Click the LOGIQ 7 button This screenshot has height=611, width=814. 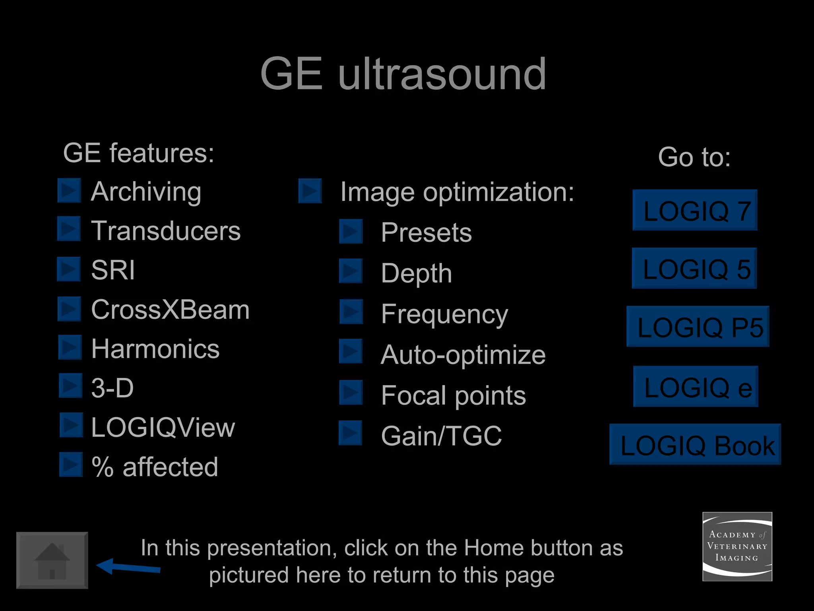click(695, 210)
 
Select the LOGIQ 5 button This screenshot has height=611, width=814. click(694, 268)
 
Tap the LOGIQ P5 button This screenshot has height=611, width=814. click(698, 327)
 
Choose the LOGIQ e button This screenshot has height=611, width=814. click(696, 386)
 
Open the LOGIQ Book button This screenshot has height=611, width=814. click(695, 444)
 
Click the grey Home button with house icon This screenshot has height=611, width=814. click(52, 560)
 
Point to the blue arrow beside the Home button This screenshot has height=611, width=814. click(128, 567)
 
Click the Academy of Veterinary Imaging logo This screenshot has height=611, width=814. click(737, 547)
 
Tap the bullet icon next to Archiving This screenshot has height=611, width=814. click(70, 191)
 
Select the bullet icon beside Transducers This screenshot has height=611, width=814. click(69, 229)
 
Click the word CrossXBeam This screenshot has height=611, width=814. click(170, 309)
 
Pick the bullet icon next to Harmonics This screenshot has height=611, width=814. click(70, 347)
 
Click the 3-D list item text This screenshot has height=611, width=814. click(112, 388)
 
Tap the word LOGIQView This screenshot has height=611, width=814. click(163, 428)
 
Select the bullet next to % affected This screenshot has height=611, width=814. click(71, 464)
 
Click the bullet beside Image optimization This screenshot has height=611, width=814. click(310, 191)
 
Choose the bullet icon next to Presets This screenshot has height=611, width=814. click(351, 231)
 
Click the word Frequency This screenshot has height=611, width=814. click(444, 314)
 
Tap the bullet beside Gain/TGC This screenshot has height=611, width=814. click(351, 433)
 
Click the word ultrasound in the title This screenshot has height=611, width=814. click(442, 74)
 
